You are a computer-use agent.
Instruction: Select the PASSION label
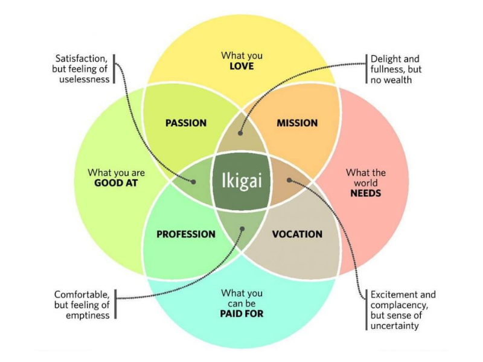185,123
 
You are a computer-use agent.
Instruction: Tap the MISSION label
297,123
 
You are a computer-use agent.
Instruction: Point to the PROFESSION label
185,234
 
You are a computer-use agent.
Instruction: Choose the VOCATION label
297,234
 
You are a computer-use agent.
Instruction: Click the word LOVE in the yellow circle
241,66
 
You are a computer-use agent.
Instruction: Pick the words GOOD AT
117,183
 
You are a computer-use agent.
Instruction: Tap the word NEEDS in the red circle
365,193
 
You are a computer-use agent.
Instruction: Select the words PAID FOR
241,314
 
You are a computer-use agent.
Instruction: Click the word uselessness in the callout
85,80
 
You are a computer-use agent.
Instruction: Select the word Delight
386,59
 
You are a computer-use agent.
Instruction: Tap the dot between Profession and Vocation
242,229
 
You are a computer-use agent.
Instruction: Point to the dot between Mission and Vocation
289,179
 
